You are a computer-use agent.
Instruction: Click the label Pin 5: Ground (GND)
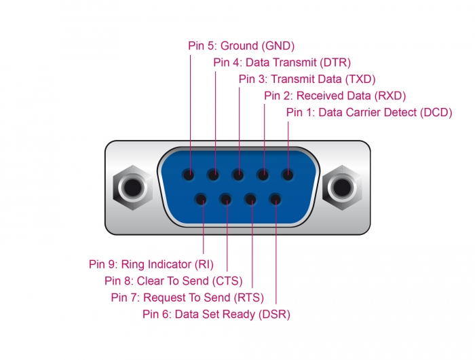click(x=241, y=46)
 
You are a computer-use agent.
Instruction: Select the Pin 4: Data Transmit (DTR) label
click(x=282, y=62)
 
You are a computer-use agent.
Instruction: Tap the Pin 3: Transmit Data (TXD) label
click(x=307, y=79)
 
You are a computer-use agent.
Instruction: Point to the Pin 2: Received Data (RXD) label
click(x=335, y=96)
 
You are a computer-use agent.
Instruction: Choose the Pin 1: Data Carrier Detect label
click(x=368, y=112)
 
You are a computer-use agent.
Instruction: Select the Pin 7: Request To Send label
click(x=187, y=297)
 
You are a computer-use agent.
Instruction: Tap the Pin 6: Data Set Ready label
click(x=216, y=314)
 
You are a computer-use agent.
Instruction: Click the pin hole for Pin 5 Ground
click(x=189, y=175)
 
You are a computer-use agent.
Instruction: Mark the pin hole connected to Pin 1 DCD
click(x=288, y=175)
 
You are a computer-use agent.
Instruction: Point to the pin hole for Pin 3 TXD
click(x=238, y=175)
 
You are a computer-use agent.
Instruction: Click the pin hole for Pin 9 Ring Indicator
click(x=202, y=200)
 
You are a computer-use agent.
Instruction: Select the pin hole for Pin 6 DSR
click(x=275, y=200)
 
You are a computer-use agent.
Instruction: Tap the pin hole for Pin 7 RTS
click(x=250, y=200)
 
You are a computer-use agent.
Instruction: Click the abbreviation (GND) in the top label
click(x=278, y=46)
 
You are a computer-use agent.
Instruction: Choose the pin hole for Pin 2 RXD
click(x=263, y=175)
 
